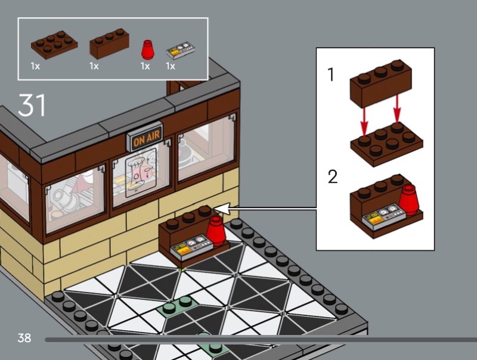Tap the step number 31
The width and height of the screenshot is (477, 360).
pos(32,104)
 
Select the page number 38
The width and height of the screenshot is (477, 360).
pos(24,338)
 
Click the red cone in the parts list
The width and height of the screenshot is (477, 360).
pos(146,49)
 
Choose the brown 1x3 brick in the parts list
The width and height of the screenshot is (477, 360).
pos(109,44)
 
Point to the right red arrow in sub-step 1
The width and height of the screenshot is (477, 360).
pos(397,107)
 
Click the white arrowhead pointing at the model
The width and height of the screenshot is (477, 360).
pos(221,209)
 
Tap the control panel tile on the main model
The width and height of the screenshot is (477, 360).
pos(190,246)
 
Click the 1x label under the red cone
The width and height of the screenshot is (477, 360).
pos(145,66)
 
